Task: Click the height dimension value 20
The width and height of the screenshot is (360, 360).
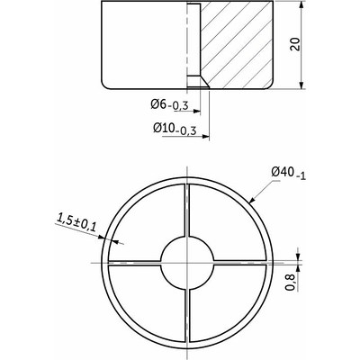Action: click(295, 44)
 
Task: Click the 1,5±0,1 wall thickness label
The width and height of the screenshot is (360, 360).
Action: click(76, 222)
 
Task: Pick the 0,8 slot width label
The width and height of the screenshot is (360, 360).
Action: click(290, 283)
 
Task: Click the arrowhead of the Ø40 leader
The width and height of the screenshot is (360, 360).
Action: click(252, 200)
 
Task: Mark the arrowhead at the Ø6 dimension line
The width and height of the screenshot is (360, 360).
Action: click(197, 112)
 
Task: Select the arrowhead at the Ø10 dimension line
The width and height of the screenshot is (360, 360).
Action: click(205, 137)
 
